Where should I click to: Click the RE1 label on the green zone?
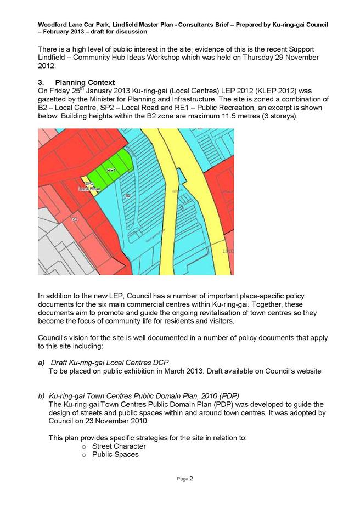111,171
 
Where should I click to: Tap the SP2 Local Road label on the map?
88,186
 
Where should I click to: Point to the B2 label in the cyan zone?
128,196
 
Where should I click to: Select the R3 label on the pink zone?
74,219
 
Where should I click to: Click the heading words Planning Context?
85,83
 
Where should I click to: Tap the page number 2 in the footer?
192,478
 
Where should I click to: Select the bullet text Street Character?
119,446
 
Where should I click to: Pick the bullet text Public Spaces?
115,454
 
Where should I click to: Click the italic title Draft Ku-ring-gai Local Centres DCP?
110,363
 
